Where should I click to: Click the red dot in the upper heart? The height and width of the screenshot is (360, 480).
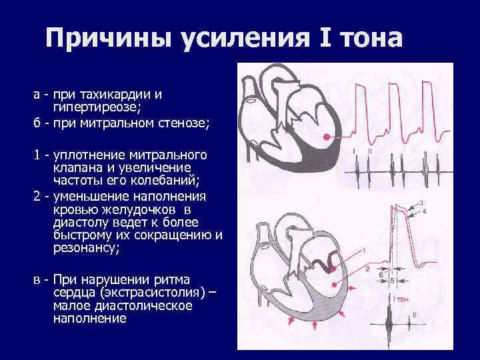coord(327,137)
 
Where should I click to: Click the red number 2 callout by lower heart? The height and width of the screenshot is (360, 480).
coord(367,268)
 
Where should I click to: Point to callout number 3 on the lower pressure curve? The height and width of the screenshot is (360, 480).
coord(420,202)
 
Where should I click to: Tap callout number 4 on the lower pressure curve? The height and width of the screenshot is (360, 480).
coord(425,211)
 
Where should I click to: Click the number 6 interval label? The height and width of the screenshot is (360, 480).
coord(380,275)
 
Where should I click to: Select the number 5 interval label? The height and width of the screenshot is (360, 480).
coord(393,280)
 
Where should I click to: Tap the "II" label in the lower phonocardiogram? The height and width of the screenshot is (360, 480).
coord(415,314)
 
